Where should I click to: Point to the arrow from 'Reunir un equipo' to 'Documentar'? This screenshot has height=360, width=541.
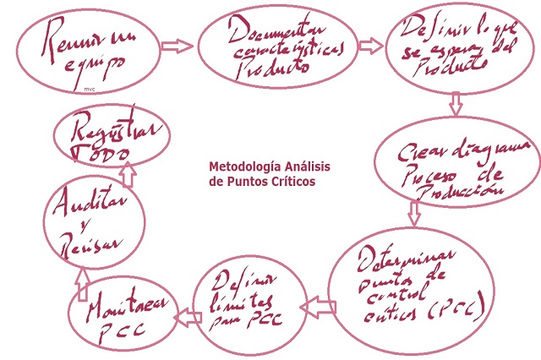point(176,46)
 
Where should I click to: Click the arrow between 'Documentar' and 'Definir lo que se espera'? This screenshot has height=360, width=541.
point(370,46)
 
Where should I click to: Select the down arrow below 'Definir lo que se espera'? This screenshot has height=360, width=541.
point(456,105)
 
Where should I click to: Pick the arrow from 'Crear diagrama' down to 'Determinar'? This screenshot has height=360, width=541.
point(413,212)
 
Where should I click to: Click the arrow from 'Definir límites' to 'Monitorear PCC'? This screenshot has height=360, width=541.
point(183,316)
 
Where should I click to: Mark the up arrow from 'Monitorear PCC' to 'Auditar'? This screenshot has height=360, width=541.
point(83,283)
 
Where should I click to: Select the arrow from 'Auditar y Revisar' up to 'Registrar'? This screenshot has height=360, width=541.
point(127,174)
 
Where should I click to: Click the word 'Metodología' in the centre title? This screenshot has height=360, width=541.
point(240,166)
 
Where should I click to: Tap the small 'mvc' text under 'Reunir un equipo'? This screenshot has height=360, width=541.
point(90,87)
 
